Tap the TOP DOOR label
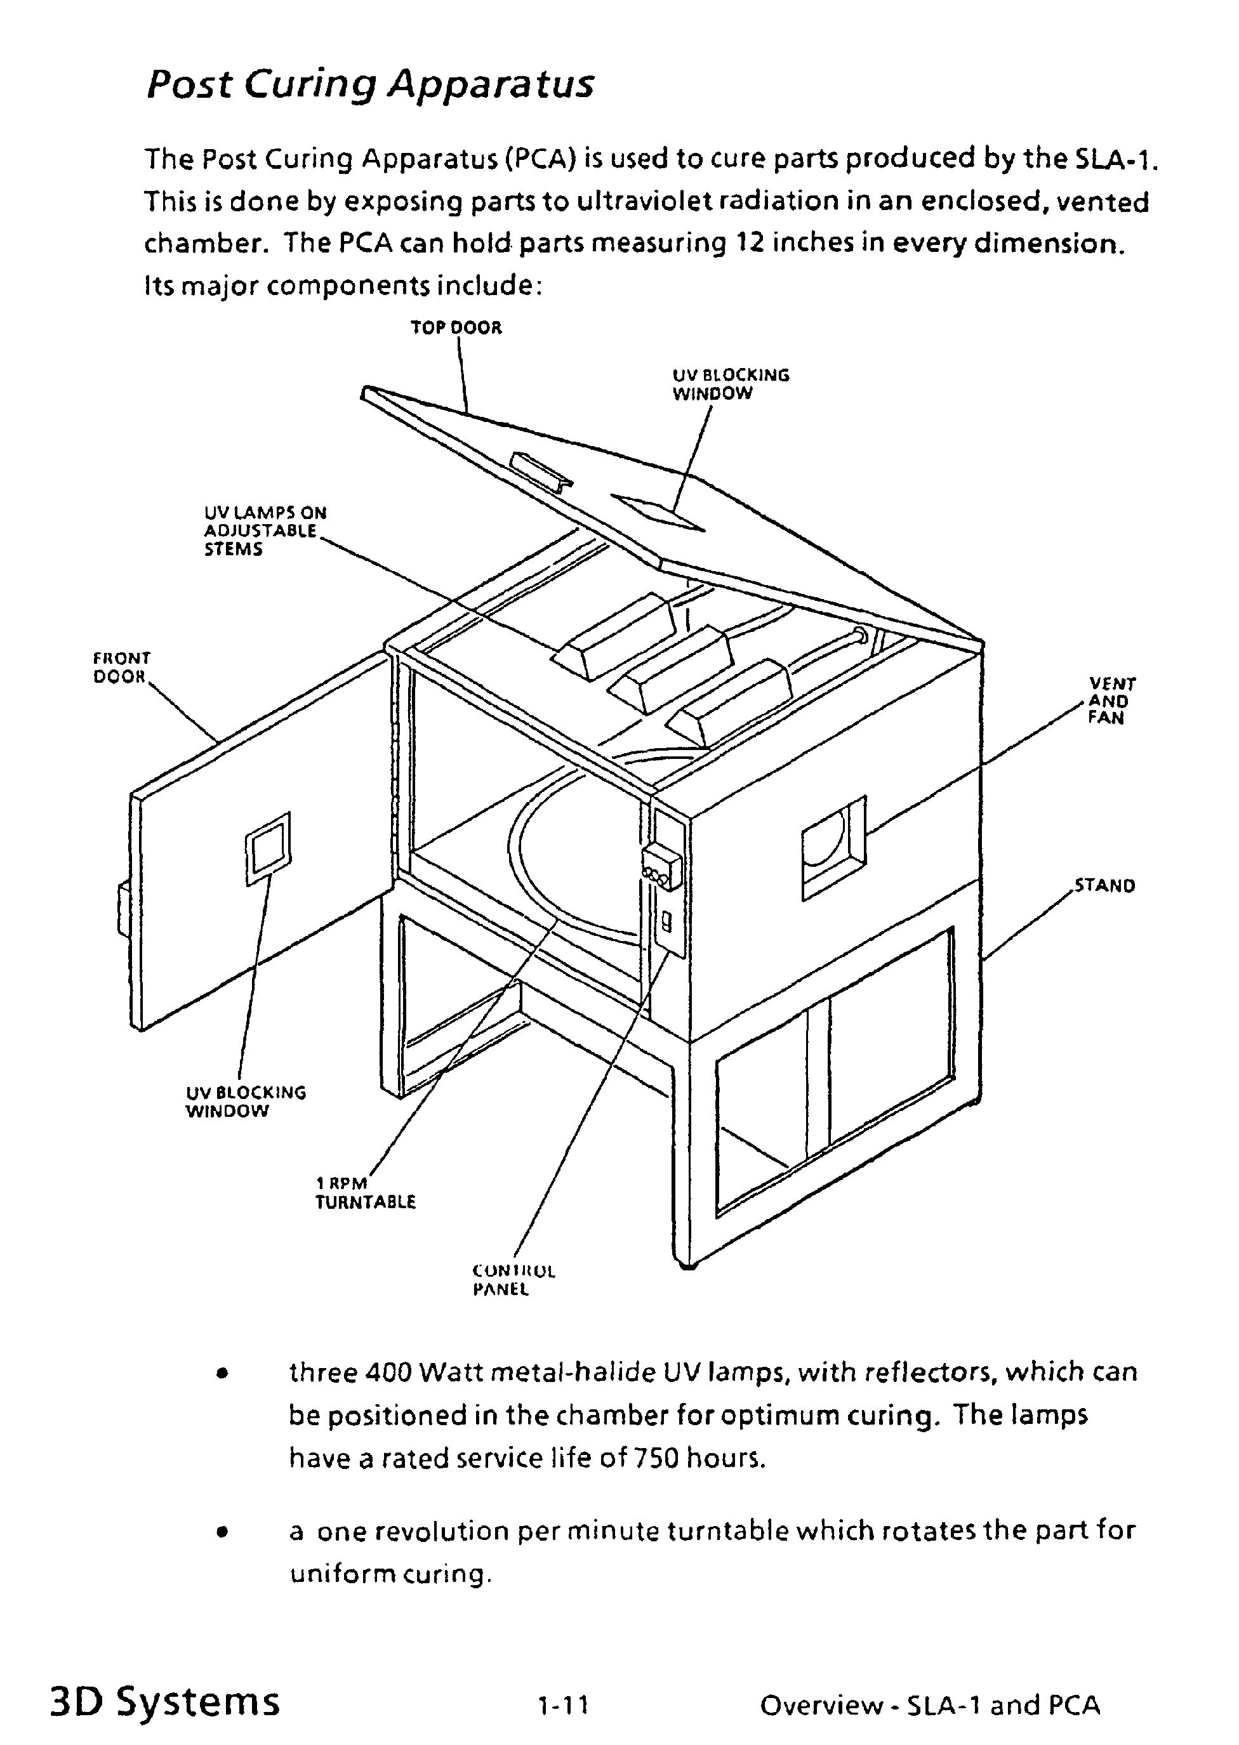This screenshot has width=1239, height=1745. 456,328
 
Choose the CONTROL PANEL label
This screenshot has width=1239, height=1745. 513,1281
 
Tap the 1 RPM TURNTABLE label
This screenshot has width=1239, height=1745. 365,1193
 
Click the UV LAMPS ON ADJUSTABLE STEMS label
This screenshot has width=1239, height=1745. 264,531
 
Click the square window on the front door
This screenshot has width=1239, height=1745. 268,848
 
